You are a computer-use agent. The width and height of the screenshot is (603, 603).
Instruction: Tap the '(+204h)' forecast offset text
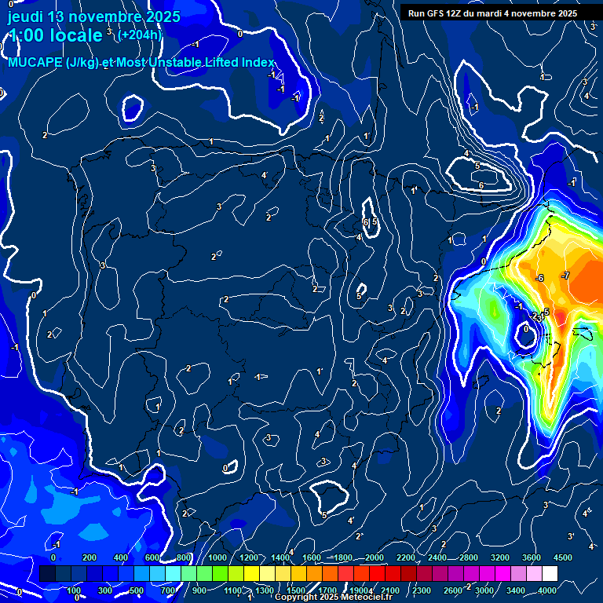tap(139, 35)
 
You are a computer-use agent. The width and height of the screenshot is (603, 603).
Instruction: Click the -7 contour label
tap(565, 276)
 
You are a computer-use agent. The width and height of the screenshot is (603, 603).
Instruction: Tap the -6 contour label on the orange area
tap(539, 279)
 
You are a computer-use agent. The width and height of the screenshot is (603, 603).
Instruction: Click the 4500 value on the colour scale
tap(562, 557)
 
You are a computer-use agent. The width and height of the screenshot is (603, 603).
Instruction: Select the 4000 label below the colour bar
tap(547, 590)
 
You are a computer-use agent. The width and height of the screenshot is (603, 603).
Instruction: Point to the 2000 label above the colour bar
tap(374, 557)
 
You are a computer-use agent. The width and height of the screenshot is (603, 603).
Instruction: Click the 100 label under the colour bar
tap(74, 590)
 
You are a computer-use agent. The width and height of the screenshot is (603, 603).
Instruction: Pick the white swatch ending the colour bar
tap(549, 574)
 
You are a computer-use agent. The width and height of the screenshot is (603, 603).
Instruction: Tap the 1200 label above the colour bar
tap(248, 557)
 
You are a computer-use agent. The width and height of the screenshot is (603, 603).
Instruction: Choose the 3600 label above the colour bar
tap(532, 557)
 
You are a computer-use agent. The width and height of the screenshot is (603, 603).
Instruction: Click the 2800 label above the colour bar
tap(469, 557)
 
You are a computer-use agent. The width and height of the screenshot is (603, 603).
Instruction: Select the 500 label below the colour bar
tap(137, 590)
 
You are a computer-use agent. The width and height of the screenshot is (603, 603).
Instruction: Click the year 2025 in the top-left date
tap(161, 16)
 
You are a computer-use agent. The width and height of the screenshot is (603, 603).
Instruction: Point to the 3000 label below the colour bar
tap(484, 590)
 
